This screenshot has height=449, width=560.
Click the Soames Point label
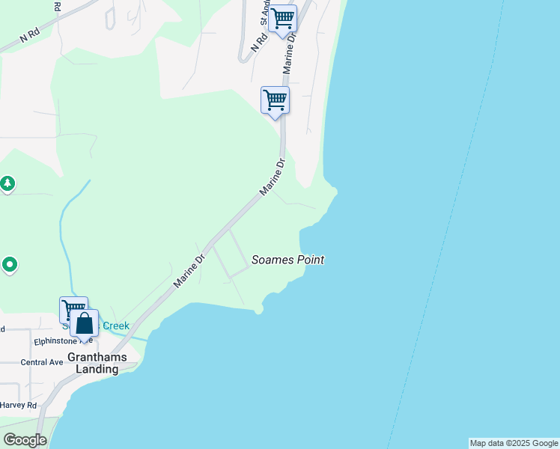[288, 260]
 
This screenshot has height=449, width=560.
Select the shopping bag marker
[85, 324]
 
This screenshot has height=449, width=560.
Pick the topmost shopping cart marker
[283, 19]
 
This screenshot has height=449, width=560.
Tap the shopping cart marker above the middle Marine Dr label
[275, 100]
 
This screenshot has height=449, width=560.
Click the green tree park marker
[7, 183]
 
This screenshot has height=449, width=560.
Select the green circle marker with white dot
[10, 264]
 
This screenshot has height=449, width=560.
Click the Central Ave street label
[42, 362]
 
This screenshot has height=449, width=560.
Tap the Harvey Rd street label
[19, 405]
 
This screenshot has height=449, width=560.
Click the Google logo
[25, 440]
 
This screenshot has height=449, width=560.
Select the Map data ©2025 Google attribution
[514, 443]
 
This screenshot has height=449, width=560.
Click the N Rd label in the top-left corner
[29, 35]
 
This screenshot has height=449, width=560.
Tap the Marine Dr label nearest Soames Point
[190, 272]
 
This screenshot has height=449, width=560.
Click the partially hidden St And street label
[265, 10]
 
